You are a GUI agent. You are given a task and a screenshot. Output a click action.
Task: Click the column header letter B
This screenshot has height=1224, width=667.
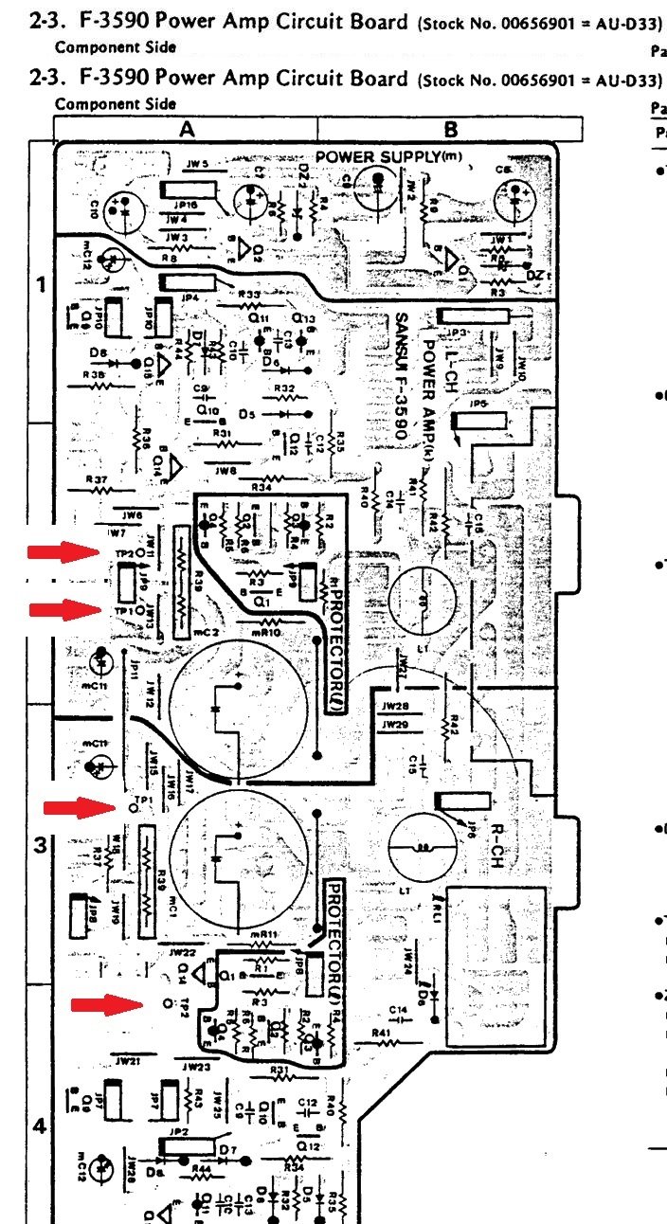click(450, 129)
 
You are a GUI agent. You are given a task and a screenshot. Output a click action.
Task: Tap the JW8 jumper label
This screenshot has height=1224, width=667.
click(226, 470)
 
